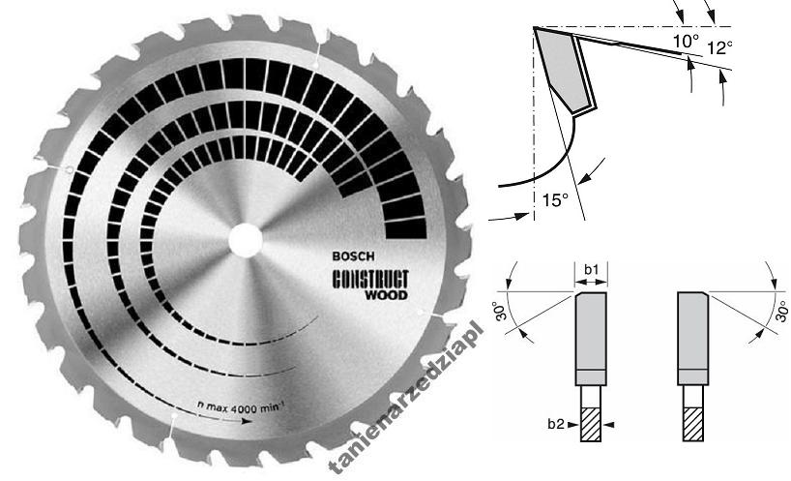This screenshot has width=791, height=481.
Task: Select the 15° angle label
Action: click(x=555, y=200)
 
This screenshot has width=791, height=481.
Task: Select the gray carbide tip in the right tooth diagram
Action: click(x=692, y=334)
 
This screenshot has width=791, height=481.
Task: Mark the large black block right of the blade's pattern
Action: click(x=405, y=207)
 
